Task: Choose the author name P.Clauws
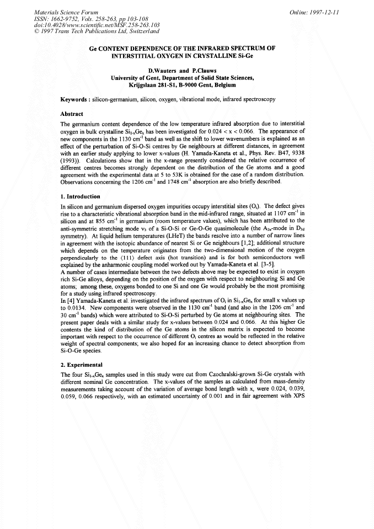point(203,71)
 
